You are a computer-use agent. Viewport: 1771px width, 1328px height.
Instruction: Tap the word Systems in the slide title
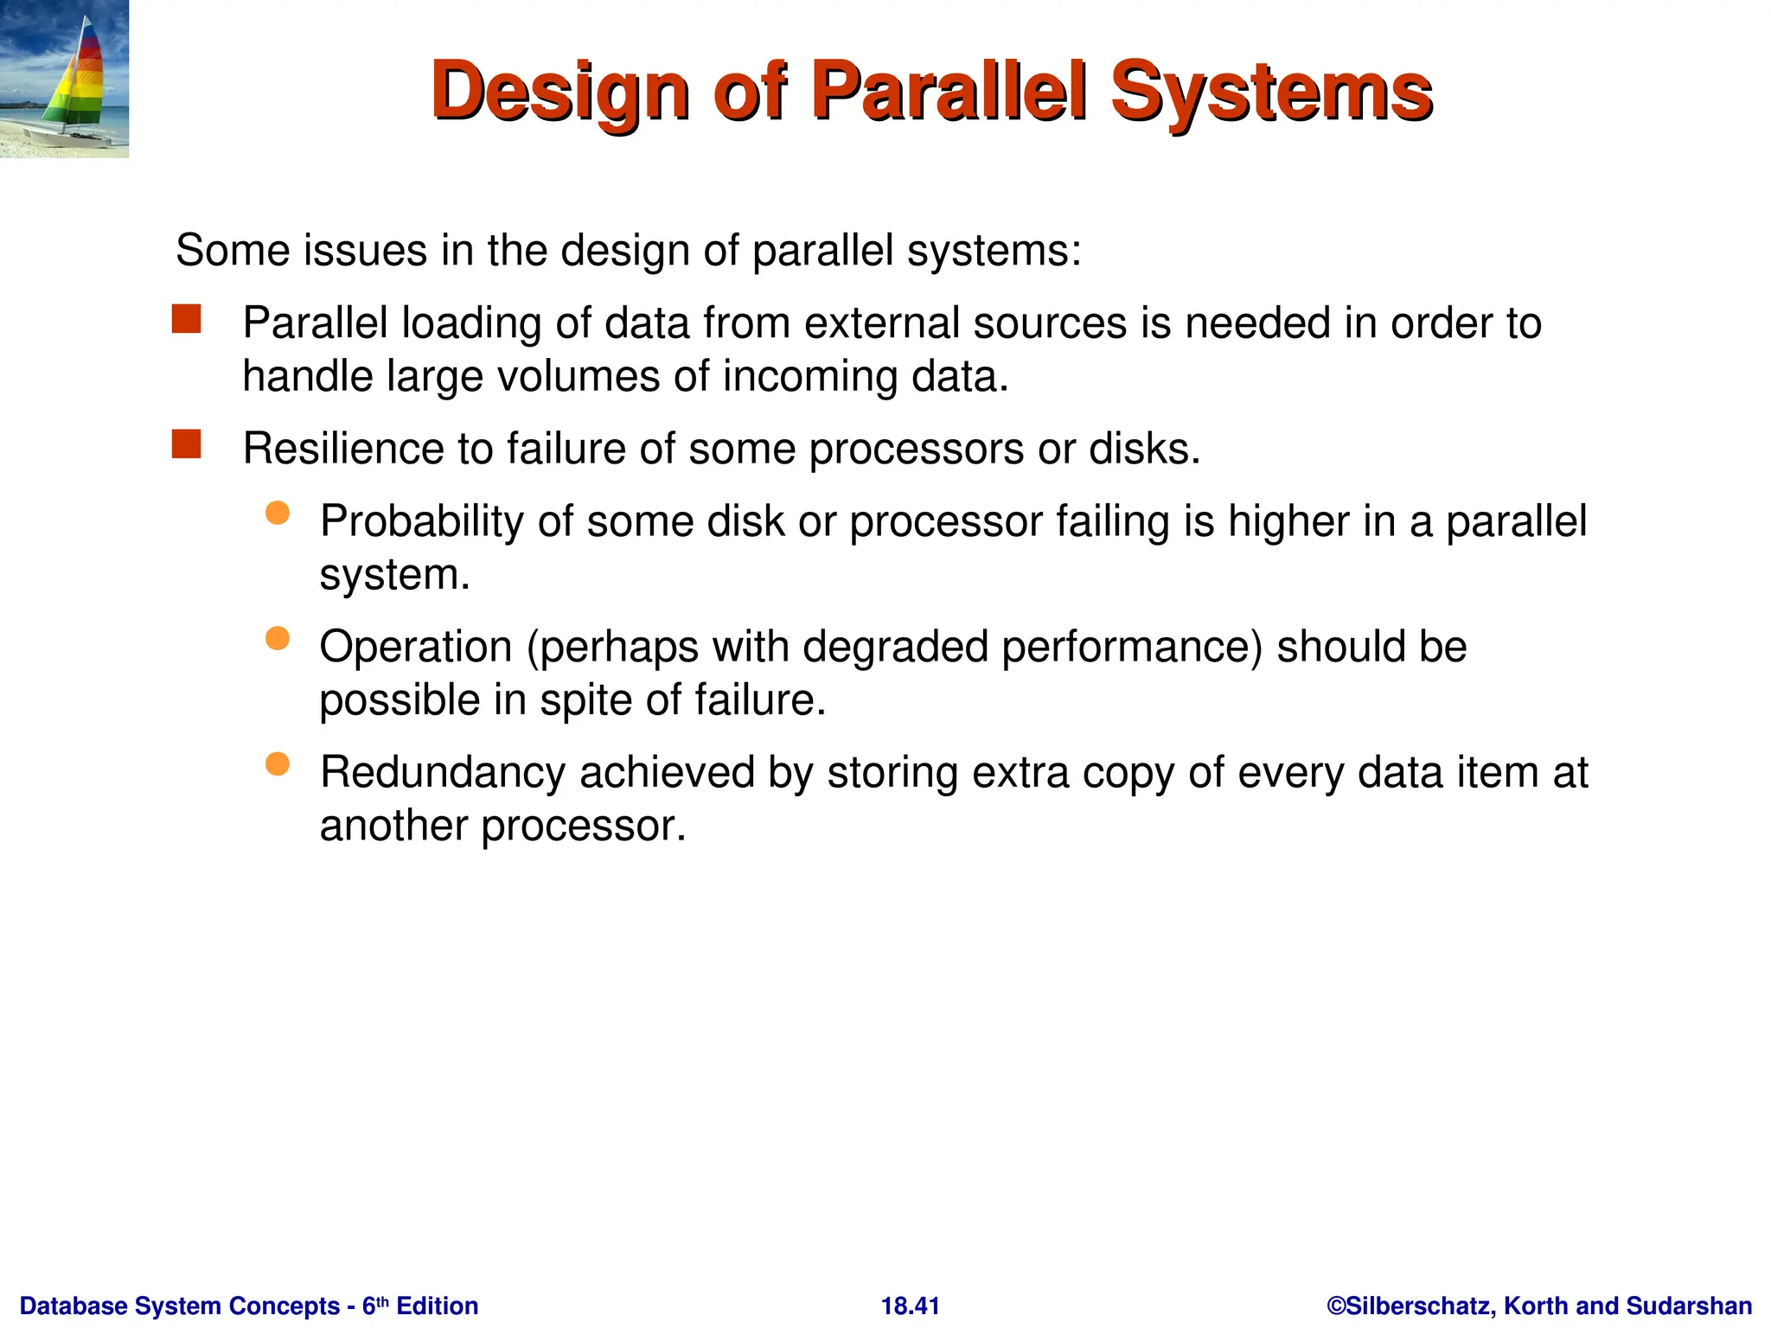pyautogui.click(x=1270, y=92)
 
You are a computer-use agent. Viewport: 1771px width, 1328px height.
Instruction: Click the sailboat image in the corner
pyautogui.click(x=64, y=79)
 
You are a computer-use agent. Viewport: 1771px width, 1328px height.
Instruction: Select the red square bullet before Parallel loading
pyautogui.click(x=186, y=319)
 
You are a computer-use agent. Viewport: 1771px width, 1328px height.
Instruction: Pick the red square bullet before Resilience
pyautogui.click(x=186, y=444)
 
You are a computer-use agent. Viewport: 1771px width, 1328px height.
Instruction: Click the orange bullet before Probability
pyautogui.click(x=277, y=514)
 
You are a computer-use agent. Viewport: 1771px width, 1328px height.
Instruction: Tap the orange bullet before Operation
pyautogui.click(x=277, y=639)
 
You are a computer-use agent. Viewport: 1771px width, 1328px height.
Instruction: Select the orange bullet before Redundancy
pyautogui.click(x=277, y=764)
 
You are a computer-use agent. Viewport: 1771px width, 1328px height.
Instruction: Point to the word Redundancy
pyautogui.click(x=442, y=772)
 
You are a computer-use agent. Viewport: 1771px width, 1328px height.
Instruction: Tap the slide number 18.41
pyautogui.click(x=910, y=1306)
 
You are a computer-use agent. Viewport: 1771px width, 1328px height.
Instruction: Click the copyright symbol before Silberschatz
pyautogui.click(x=1336, y=1306)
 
